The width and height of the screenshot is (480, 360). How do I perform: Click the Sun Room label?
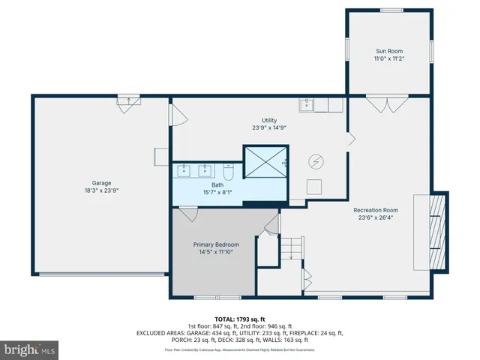(388, 51)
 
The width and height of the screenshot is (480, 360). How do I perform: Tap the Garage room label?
(101, 183)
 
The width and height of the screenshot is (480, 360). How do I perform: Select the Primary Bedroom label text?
(216, 244)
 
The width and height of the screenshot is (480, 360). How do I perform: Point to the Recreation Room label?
(376, 210)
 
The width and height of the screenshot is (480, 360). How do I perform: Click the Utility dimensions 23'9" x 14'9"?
(269, 127)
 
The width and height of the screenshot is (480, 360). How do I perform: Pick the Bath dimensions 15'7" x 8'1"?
(217, 192)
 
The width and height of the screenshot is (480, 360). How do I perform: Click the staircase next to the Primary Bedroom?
(291, 247)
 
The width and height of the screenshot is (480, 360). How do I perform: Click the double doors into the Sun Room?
(386, 102)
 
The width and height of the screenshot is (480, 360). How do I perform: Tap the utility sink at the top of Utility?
(308, 105)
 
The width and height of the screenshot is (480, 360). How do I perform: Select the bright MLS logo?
(30, 349)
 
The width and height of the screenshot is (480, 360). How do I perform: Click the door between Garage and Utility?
(178, 115)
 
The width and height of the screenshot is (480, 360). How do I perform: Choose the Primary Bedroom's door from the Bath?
(187, 214)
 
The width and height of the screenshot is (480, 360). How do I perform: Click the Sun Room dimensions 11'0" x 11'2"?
(388, 59)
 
